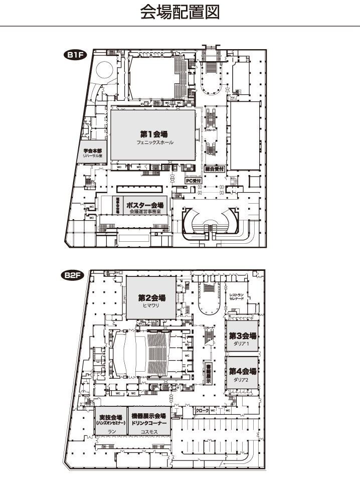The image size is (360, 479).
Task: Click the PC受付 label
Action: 193,180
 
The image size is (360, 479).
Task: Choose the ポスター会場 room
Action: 144,206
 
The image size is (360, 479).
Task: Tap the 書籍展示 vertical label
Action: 209,374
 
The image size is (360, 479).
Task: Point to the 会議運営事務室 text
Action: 144,212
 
